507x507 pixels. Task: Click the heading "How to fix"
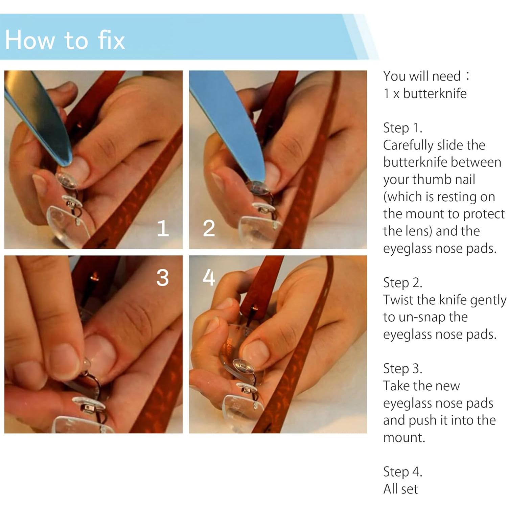(x=65, y=40)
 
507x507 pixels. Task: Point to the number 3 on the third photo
(x=162, y=278)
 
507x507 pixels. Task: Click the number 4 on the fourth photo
(x=209, y=278)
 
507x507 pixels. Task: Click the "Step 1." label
(x=402, y=128)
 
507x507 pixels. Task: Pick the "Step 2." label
(x=402, y=283)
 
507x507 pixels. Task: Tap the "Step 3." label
(x=402, y=368)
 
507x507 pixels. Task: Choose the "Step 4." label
(x=402, y=471)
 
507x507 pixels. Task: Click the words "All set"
(x=400, y=489)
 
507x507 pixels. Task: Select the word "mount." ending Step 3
(x=404, y=438)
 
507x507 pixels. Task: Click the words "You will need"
(x=422, y=76)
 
